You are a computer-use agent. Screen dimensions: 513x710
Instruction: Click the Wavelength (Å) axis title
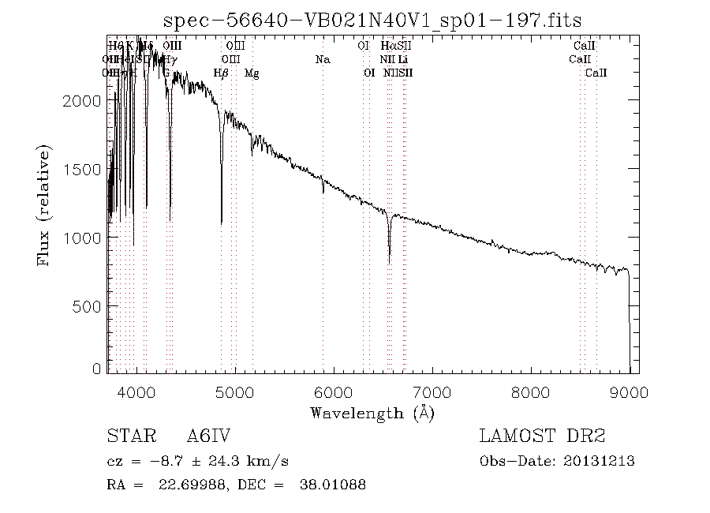[372, 412]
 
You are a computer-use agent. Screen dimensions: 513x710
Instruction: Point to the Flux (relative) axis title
[46, 205]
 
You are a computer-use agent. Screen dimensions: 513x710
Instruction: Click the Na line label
[322, 60]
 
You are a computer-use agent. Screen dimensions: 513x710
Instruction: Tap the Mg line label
[252, 73]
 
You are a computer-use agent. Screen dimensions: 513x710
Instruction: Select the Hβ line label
[222, 73]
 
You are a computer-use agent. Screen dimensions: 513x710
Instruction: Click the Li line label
[402, 60]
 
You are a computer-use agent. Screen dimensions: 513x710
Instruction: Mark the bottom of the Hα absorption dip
[389, 262]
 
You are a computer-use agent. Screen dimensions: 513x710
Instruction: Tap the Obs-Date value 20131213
[600, 461]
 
